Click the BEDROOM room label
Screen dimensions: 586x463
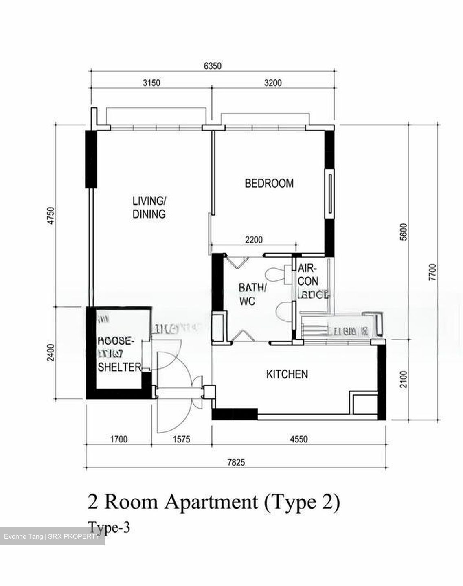coord(269,184)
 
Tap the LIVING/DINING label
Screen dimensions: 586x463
coord(149,208)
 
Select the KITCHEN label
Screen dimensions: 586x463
coord(287,374)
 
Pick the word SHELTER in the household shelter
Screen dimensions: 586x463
coord(119,367)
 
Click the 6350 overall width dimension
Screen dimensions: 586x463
coord(212,66)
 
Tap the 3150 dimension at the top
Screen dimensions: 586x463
coord(151,83)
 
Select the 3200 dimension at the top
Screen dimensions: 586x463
coord(272,83)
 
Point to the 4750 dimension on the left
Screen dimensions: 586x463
coord(51,216)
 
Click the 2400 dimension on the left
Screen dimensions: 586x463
coord(51,352)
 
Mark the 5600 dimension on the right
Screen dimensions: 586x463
coord(403,232)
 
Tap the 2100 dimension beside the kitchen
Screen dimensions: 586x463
coord(403,379)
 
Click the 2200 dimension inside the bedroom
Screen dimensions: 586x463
coord(253,240)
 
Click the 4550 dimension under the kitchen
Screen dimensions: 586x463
coord(298,439)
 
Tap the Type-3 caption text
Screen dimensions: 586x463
coord(109,528)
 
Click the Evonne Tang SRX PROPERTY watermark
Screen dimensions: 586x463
coord(52,537)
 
